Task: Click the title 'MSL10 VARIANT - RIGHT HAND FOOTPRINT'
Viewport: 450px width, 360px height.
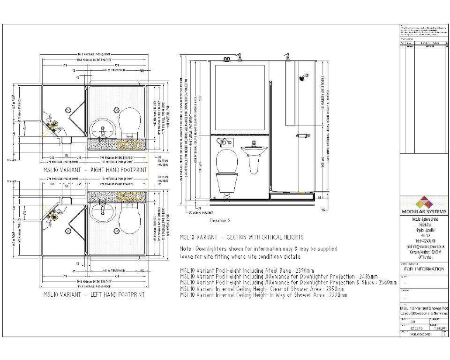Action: click(x=95, y=170)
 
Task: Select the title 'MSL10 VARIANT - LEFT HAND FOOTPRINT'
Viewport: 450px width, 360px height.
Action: click(x=94, y=294)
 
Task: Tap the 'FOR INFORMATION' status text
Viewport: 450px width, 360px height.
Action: click(x=424, y=269)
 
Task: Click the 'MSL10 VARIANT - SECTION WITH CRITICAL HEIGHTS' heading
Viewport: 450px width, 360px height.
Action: click(x=242, y=237)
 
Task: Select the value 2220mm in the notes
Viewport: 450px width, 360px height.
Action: click(x=337, y=295)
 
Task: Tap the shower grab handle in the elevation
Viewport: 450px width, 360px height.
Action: click(x=302, y=136)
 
